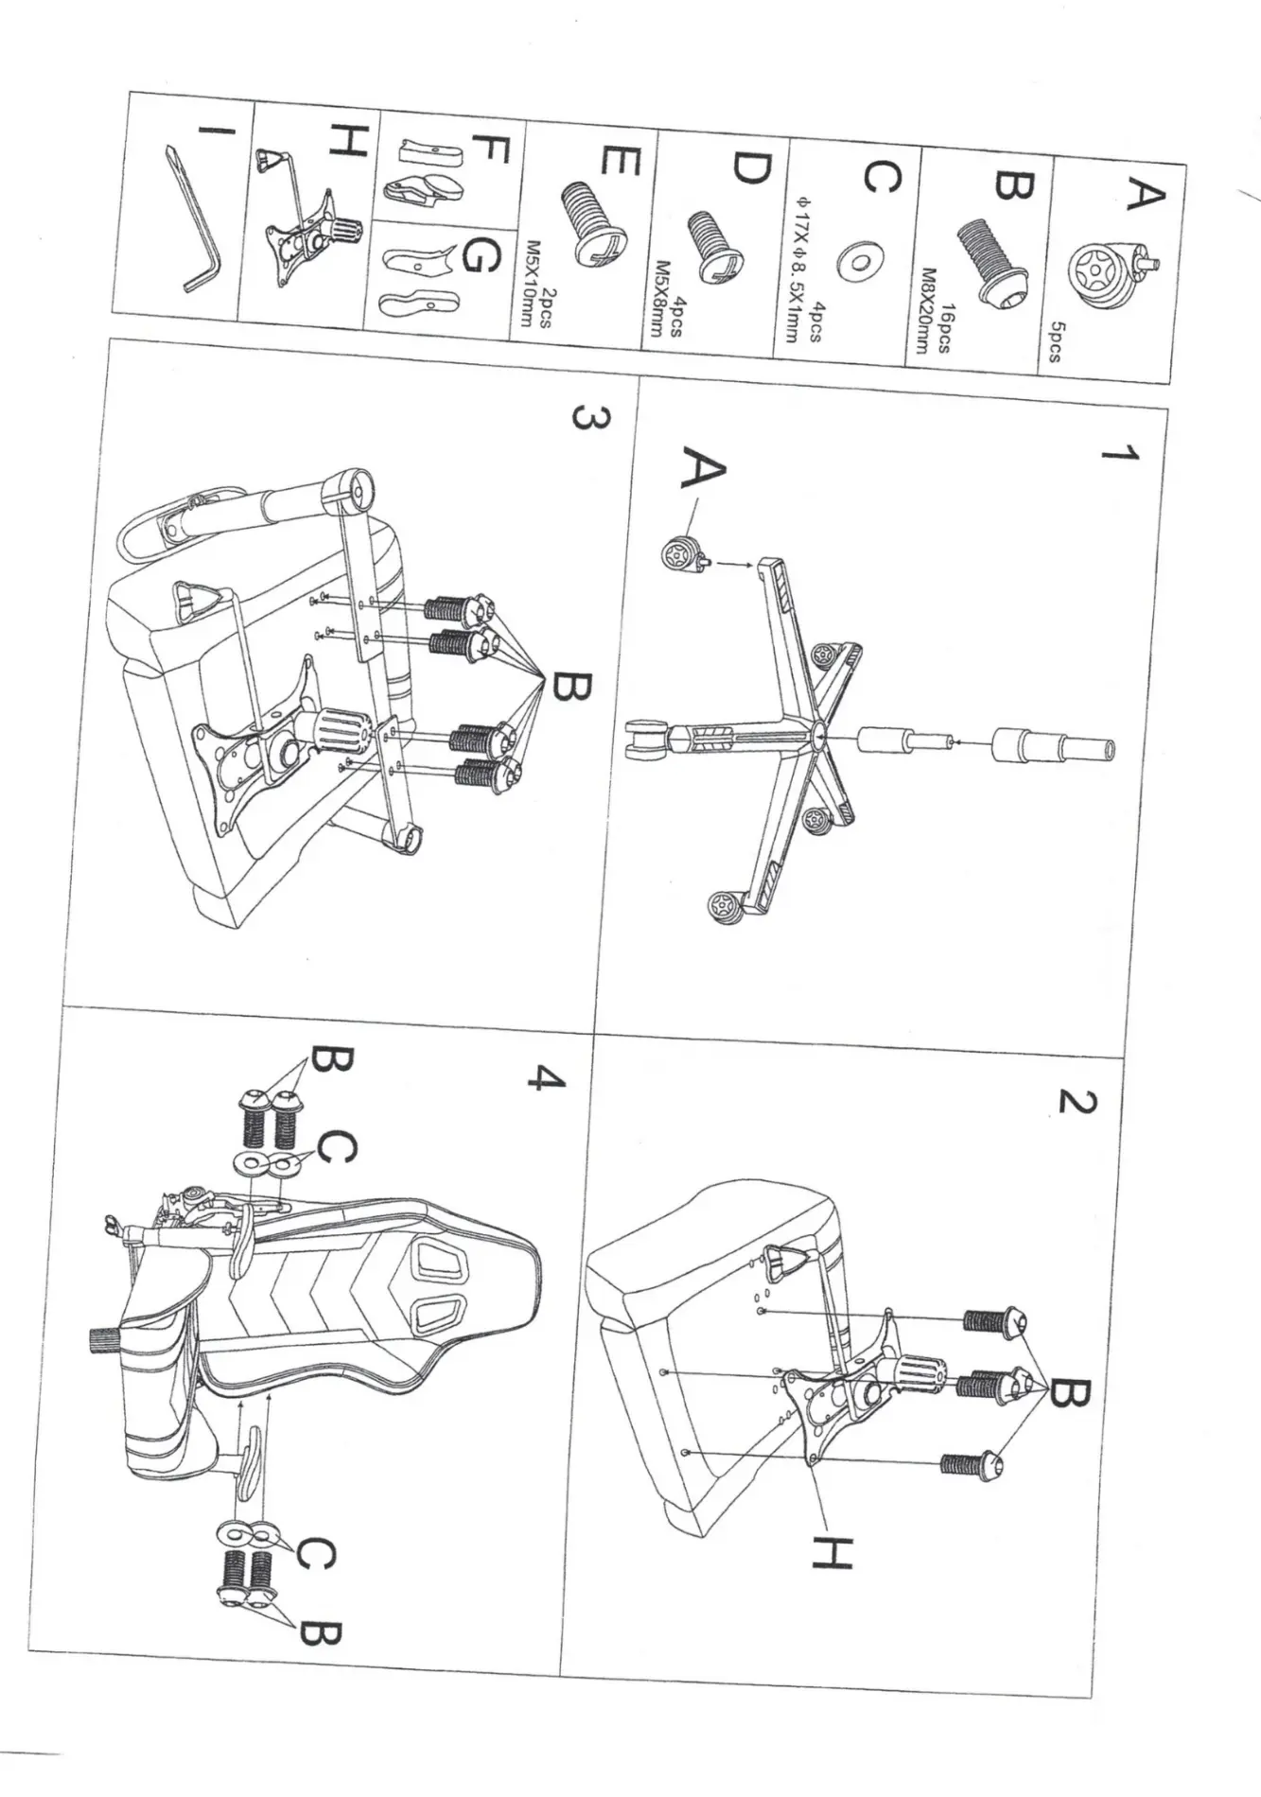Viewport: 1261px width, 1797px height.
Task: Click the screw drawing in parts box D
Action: (716, 245)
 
